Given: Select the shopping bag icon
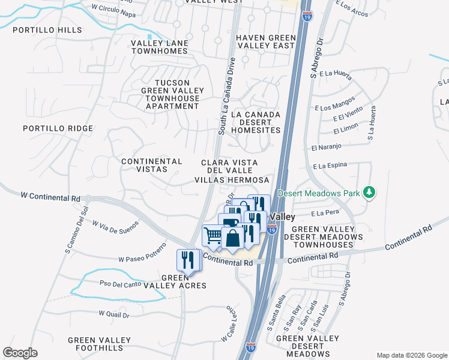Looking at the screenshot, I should pos(232,238).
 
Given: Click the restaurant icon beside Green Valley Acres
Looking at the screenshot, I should pos(187,260).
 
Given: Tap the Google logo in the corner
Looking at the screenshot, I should pos(20,353).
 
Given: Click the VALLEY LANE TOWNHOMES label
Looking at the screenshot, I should pos(159,47).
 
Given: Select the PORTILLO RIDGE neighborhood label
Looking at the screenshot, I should pos(58,128).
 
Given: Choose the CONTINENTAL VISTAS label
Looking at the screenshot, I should pos(152,166).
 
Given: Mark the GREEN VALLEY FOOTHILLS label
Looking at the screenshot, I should pos(100,344).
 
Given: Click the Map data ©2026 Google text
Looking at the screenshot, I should pos(411,355).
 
